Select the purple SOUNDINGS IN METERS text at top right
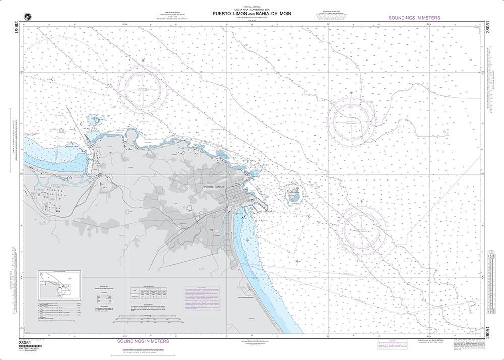pyautogui.click(x=414, y=18)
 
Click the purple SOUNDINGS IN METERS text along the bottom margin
pyautogui.click(x=143, y=341)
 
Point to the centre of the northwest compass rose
pyautogui.click(x=145, y=89)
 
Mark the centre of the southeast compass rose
pyautogui.click(x=362, y=228)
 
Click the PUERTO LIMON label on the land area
pyautogui.click(x=214, y=187)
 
